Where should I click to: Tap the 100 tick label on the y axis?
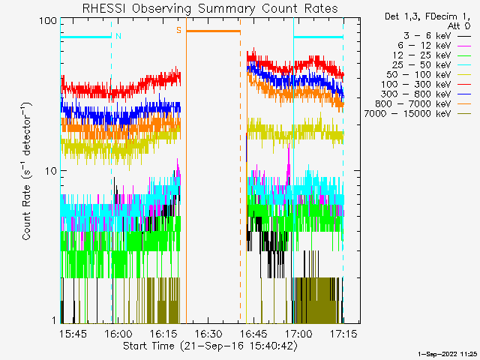click(x=49, y=20)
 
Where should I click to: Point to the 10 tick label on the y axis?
click(x=52, y=170)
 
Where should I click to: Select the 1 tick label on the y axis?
click(x=55, y=320)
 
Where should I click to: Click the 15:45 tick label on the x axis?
click(x=73, y=332)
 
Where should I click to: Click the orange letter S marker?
click(x=178, y=31)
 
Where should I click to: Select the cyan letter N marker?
click(x=118, y=36)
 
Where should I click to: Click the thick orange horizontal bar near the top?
click(x=213, y=31)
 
